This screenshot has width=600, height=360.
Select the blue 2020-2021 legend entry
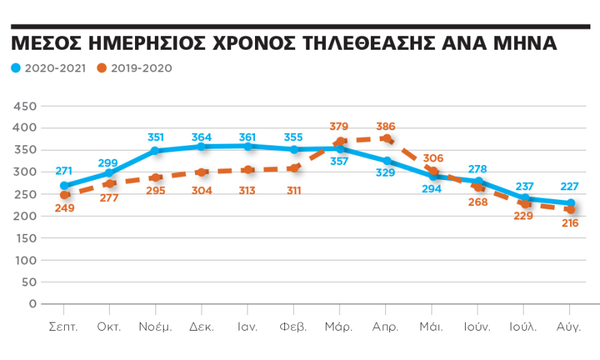48,68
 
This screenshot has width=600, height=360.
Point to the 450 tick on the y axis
25,106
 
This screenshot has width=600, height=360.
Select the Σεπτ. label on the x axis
64,327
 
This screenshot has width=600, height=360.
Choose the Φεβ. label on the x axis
293,327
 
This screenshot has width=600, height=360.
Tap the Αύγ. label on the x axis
569,327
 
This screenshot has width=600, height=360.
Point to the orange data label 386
385,127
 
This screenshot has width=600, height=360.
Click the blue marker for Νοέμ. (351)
155,151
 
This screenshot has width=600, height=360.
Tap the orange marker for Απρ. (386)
386,138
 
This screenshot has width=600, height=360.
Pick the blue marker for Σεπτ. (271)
65,185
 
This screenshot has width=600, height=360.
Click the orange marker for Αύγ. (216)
569,209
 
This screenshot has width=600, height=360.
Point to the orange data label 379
339,127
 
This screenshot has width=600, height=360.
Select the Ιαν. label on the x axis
247,327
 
